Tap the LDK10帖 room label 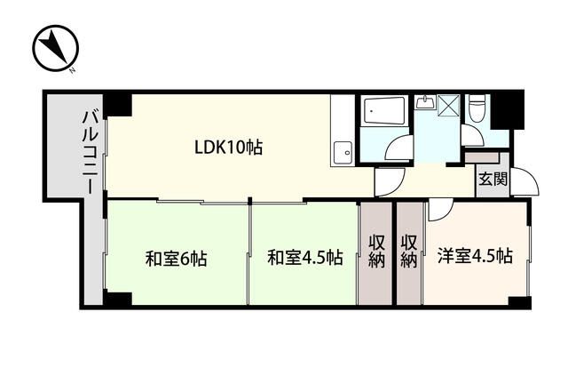point(228,147)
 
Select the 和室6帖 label point(177,259)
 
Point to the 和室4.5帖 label point(305,259)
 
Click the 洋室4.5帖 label point(475,257)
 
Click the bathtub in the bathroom point(384,111)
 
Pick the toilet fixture point(476,108)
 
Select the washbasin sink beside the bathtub point(425,102)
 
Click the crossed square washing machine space point(449,106)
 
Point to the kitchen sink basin point(340,154)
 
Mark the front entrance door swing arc point(525,182)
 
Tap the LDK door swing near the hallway point(388,182)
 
